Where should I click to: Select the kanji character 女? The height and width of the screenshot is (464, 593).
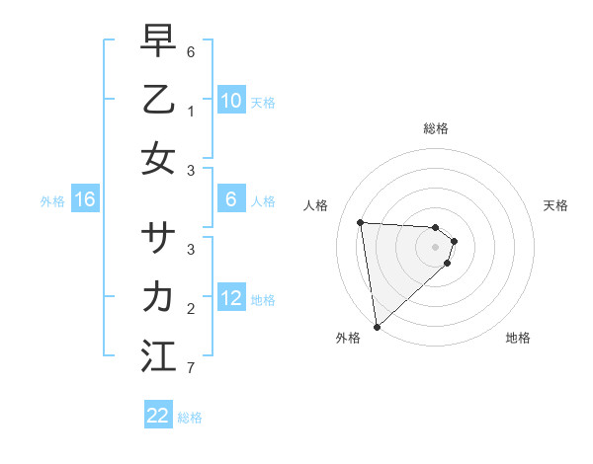pos(158,158)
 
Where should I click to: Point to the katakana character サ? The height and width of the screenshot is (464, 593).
pos(158,238)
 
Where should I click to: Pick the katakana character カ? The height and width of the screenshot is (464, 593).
pos(158,296)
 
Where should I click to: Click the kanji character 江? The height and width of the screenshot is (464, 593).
pos(158,355)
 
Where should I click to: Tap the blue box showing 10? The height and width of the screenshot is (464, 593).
pos(231,101)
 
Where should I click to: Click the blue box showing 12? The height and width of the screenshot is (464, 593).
pos(231,299)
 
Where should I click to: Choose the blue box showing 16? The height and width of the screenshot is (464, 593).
pos(85,200)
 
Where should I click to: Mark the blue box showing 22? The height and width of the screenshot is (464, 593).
pos(158,416)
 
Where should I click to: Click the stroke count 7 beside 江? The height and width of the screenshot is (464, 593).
pos(192,369)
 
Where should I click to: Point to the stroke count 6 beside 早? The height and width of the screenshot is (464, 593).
pos(192,50)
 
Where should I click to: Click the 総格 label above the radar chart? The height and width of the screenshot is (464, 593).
pos(436,128)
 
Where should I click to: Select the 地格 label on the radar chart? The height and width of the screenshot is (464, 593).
pos(518,339)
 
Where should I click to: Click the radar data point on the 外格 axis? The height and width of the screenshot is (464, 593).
pos(377,326)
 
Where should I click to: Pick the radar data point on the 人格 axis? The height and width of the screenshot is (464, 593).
pos(361,222)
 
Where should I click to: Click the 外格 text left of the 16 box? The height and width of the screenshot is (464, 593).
pos(52,201)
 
